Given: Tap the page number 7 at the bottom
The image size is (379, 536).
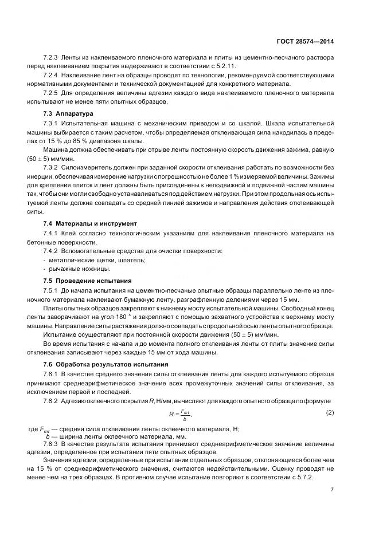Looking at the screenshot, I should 333,490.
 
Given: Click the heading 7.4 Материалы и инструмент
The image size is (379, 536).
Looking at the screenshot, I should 91,222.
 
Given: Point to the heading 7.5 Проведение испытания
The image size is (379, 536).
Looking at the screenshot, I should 88,281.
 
